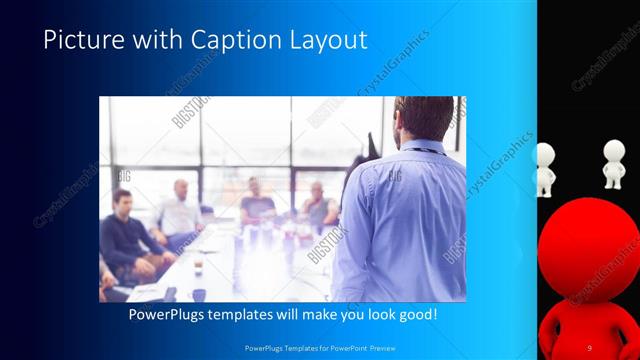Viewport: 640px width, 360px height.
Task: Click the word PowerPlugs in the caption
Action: (169, 315)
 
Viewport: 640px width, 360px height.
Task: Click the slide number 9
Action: (589, 347)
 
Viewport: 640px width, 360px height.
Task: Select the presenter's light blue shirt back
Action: (405, 220)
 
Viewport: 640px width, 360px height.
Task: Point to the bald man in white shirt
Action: (180, 210)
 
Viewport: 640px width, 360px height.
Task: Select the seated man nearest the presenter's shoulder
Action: (318, 206)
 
